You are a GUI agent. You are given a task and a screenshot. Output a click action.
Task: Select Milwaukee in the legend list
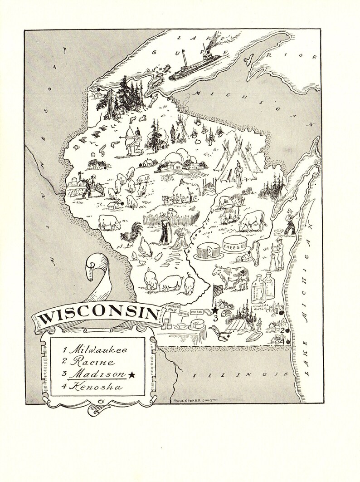[95, 350]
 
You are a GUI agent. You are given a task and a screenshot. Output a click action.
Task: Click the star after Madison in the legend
[132, 374]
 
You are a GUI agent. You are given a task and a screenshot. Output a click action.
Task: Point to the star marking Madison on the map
[215, 310]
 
